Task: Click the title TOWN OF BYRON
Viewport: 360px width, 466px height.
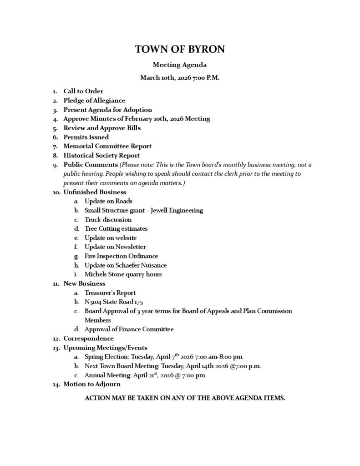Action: (180, 50)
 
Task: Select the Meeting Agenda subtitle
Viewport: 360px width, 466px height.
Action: (180, 65)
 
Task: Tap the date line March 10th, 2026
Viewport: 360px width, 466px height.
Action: (180, 78)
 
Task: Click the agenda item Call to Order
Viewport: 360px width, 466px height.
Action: (83, 91)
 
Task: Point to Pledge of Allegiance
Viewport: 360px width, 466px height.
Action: (94, 101)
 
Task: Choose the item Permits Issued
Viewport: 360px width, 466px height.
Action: (86, 137)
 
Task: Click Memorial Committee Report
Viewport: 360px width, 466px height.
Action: (107, 146)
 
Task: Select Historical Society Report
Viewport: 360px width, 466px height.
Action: (101, 156)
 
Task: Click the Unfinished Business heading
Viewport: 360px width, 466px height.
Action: (95, 192)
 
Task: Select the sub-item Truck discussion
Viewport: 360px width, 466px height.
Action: (108, 220)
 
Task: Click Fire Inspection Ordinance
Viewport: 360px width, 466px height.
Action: (121, 256)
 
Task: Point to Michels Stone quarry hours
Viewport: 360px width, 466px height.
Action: (123, 274)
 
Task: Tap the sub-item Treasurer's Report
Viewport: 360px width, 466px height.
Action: (110, 293)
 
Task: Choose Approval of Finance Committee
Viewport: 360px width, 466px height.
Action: (129, 329)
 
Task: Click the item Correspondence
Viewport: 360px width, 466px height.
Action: (88, 339)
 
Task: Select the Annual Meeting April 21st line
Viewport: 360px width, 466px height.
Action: (144, 375)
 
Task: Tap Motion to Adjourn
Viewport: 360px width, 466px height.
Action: (92, 384)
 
